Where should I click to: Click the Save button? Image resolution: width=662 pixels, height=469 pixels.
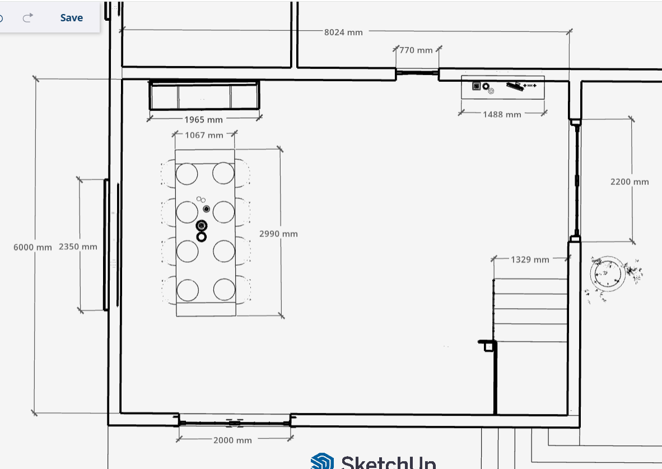[x=71, y=18]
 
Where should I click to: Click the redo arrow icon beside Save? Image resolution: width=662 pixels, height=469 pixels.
[x=28, y=17]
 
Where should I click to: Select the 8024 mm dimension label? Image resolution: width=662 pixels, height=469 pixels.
[x=343, y=32]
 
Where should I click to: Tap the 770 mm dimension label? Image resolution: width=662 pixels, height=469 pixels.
[x=416, y=50]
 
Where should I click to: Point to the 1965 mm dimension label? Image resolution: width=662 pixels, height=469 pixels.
[x=203, y=119]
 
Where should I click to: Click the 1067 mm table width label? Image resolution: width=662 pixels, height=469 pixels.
[x=204, y=135]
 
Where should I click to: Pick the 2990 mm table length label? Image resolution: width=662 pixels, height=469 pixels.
[x=278, y=234]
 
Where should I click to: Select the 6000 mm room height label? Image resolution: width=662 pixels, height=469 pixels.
[x=32, y=247]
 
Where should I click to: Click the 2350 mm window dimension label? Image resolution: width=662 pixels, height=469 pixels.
[x=78, y=247]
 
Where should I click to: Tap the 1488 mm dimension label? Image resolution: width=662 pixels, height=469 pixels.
[x=502, y=114]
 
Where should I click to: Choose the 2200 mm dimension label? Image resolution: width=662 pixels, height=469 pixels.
[x=630, y=182]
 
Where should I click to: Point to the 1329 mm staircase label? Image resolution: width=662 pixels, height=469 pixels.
[x=530, y=259]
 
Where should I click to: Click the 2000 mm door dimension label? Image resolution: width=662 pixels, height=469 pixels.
[x=232, y=440]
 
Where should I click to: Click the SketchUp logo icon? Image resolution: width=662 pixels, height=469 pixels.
[x=322, y=461]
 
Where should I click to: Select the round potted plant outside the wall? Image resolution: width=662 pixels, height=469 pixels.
[x=608, y=274]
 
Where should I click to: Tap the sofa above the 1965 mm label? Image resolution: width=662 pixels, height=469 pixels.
[x=204, y=95]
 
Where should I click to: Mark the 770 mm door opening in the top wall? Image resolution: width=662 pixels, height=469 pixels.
[x=417, y=73]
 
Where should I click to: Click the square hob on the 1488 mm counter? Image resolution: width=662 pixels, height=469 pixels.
[x=476, y=86]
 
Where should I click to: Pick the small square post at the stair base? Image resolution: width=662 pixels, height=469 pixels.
[x=488, y=347]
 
